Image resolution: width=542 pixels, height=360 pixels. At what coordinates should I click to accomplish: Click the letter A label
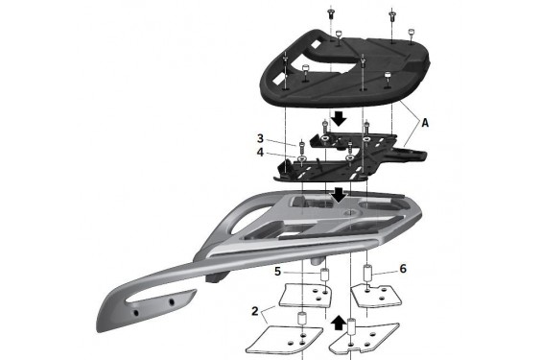click(x=425, y=123)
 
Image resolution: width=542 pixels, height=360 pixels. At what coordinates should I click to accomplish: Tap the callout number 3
click(x=260, y=138)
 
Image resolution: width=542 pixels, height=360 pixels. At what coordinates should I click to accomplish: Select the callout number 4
click(x=260, y=153)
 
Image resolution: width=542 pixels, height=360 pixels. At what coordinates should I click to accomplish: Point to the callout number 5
click(x=277, y=272)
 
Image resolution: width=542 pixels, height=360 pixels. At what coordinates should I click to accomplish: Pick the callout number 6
click(x=403, y=269)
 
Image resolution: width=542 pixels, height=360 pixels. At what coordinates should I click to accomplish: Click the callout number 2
click(x=255, y=311)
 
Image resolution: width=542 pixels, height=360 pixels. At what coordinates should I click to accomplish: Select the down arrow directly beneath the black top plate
click(x=339, y=119)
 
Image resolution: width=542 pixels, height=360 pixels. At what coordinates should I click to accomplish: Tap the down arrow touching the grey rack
click(x=339, y=196)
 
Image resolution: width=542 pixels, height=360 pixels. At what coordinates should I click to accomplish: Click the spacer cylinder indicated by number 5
click(x=325, y=275)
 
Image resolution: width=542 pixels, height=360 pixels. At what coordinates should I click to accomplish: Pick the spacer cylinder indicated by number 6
click(x=367, y=273)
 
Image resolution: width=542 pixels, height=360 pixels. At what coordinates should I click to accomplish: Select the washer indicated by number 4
click(x=302, y=158)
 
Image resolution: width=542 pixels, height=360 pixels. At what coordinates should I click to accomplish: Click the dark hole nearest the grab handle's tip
click(x=136, y=313)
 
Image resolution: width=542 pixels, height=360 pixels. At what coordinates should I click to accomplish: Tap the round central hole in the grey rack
click(x=349, y=212)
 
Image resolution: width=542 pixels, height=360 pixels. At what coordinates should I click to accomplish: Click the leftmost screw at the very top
click(x=330, y=13)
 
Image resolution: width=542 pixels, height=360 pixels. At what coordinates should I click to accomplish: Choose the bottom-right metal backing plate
click(x=365, y=337)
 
